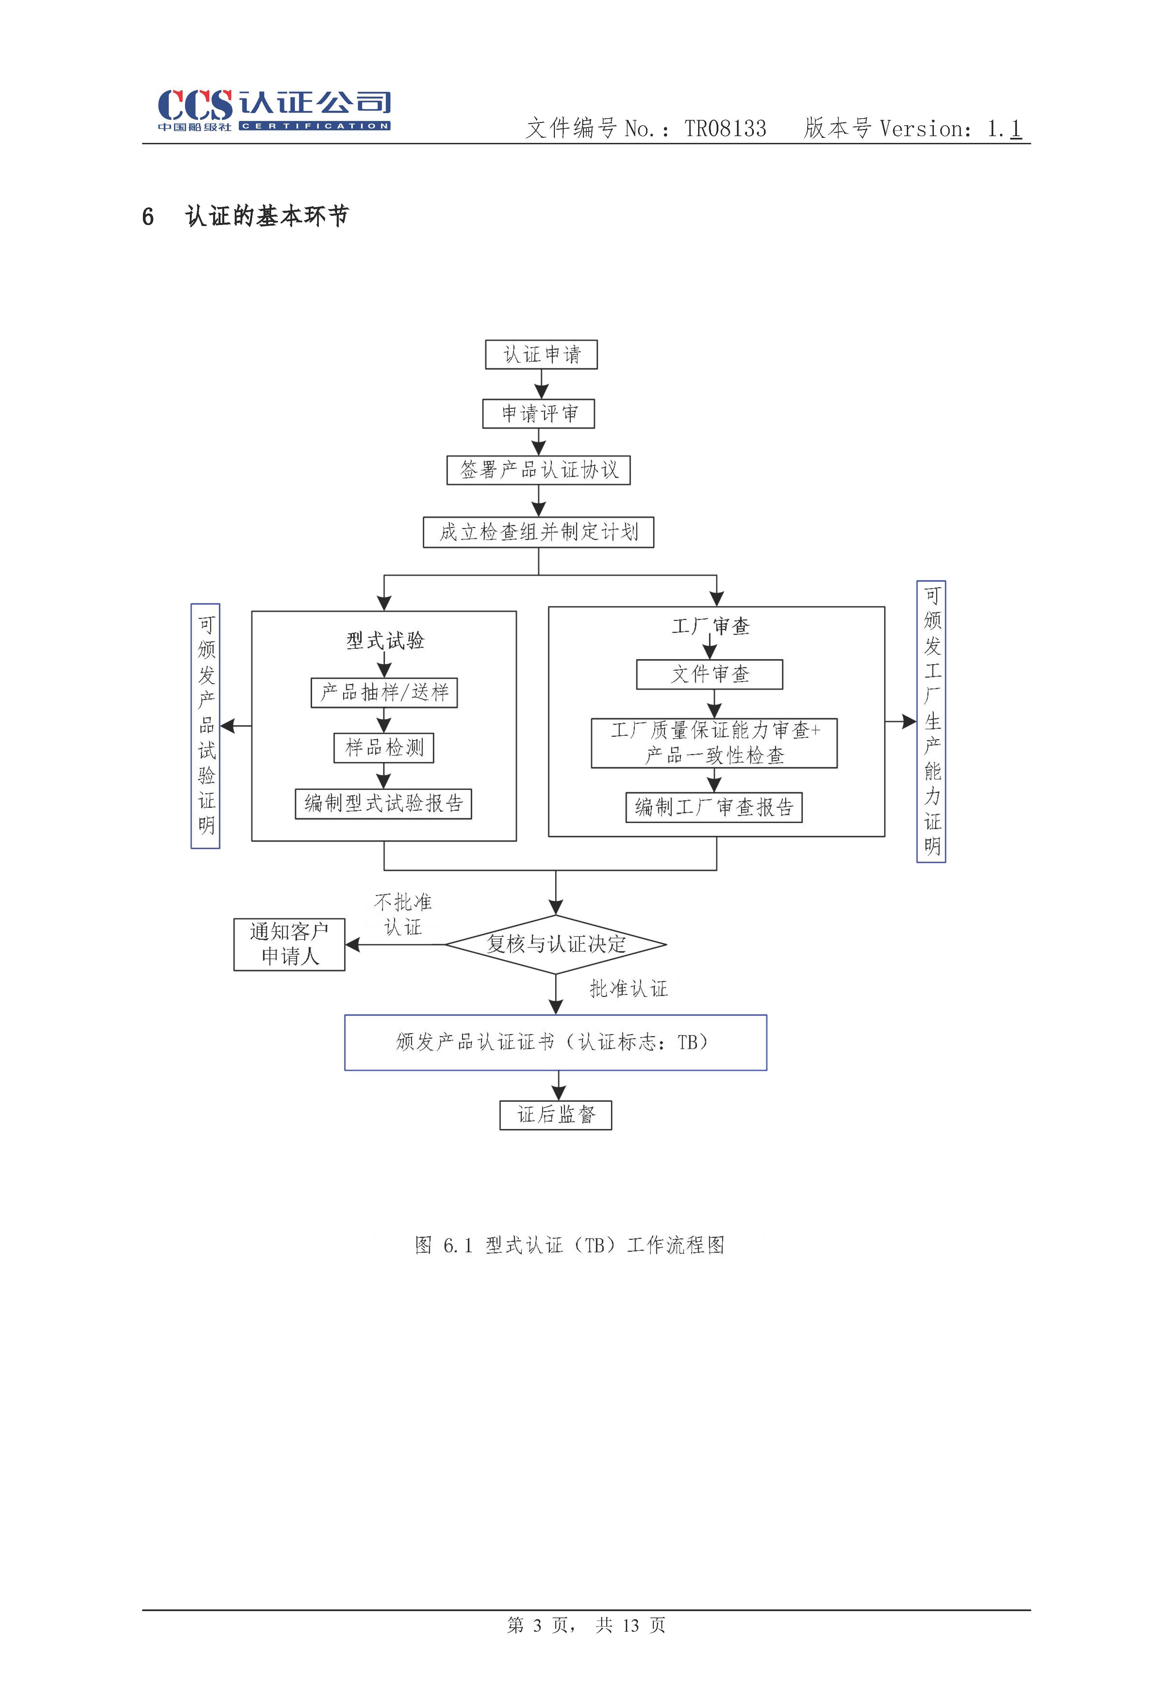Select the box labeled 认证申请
pos(541,354)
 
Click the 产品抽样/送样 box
pos(384,693)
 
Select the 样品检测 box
pos(384,748)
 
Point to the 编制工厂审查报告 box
pos(713,808)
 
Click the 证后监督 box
pos(556,1115)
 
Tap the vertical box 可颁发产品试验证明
pos(206,726)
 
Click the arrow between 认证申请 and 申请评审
pos(541,384)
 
